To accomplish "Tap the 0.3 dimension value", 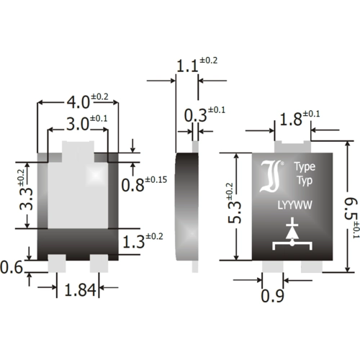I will coord(195,114).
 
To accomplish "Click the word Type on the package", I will coord(302,165).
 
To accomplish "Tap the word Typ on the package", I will coord(303,179).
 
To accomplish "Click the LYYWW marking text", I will coord(295,206).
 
